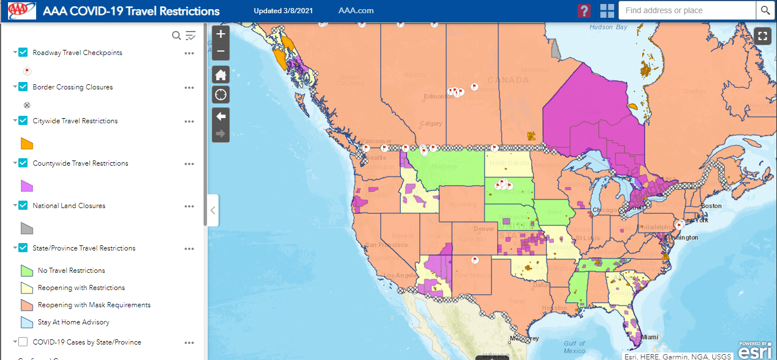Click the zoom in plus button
(x=221, y=34)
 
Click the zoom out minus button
(x=221, y=52)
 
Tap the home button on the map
(x=221, y=75)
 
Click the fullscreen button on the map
(x=762, y=36)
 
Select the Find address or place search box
(x=687, y=10)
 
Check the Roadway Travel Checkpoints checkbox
(x=23, y=53)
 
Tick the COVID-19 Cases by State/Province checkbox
(x=23, y=342)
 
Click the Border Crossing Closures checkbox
(x=23, y=87)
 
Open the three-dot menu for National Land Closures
(x=189, y=206)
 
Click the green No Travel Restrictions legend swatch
(x=27, y=271)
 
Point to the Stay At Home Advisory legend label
(x=73, y=322)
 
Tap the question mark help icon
(x=584, y=11)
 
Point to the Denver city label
(x=484, y=229)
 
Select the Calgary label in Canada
(x=431, y=124)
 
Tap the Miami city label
(x=650, y=337)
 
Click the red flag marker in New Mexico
(x=475, y=260)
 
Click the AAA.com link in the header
(x=356, y=11)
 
